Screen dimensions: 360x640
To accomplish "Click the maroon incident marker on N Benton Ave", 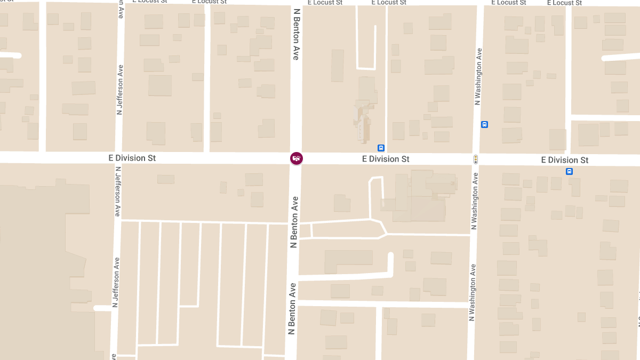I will [296, 158].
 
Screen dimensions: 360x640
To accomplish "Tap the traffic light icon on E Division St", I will [475, 159].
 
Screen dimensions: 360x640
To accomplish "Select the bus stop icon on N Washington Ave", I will [484, 125].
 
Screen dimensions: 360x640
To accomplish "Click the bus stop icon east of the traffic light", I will [569, 171].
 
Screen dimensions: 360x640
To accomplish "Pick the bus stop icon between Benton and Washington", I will [381, 148].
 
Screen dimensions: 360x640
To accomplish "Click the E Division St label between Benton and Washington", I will [386, 159].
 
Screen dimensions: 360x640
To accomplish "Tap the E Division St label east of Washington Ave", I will [564, 160].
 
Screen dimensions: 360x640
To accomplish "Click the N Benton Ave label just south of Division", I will [293, 222].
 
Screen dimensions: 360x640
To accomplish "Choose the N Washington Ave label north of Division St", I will [478, 76].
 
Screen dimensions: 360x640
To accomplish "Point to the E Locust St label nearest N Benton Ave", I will [324, 3].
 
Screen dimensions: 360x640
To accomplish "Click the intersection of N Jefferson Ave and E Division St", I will [118, 158].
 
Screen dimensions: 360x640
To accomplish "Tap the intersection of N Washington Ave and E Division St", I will [475, 159].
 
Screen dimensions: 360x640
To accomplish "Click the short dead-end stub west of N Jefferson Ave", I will [101, 308].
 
